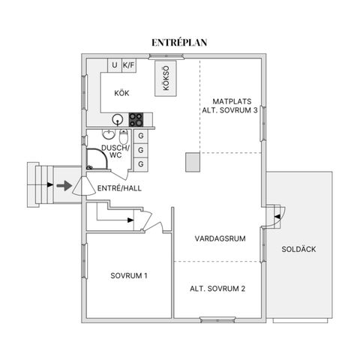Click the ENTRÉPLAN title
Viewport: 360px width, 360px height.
point(179,43)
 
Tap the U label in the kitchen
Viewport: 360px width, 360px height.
point(115,65)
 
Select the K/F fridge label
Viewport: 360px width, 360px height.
point(129,65)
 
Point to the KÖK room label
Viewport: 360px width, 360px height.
point(122,94)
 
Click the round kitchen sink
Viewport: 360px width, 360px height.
point(118,118)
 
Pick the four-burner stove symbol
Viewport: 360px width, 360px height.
point(136,118)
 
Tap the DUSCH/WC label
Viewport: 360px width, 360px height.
point(116,152)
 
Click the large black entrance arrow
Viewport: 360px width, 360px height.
point(63,184)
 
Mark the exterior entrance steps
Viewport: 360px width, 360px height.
point(37,184)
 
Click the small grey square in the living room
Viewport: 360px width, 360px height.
point(192,161)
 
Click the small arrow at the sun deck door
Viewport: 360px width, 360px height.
point(277,216)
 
